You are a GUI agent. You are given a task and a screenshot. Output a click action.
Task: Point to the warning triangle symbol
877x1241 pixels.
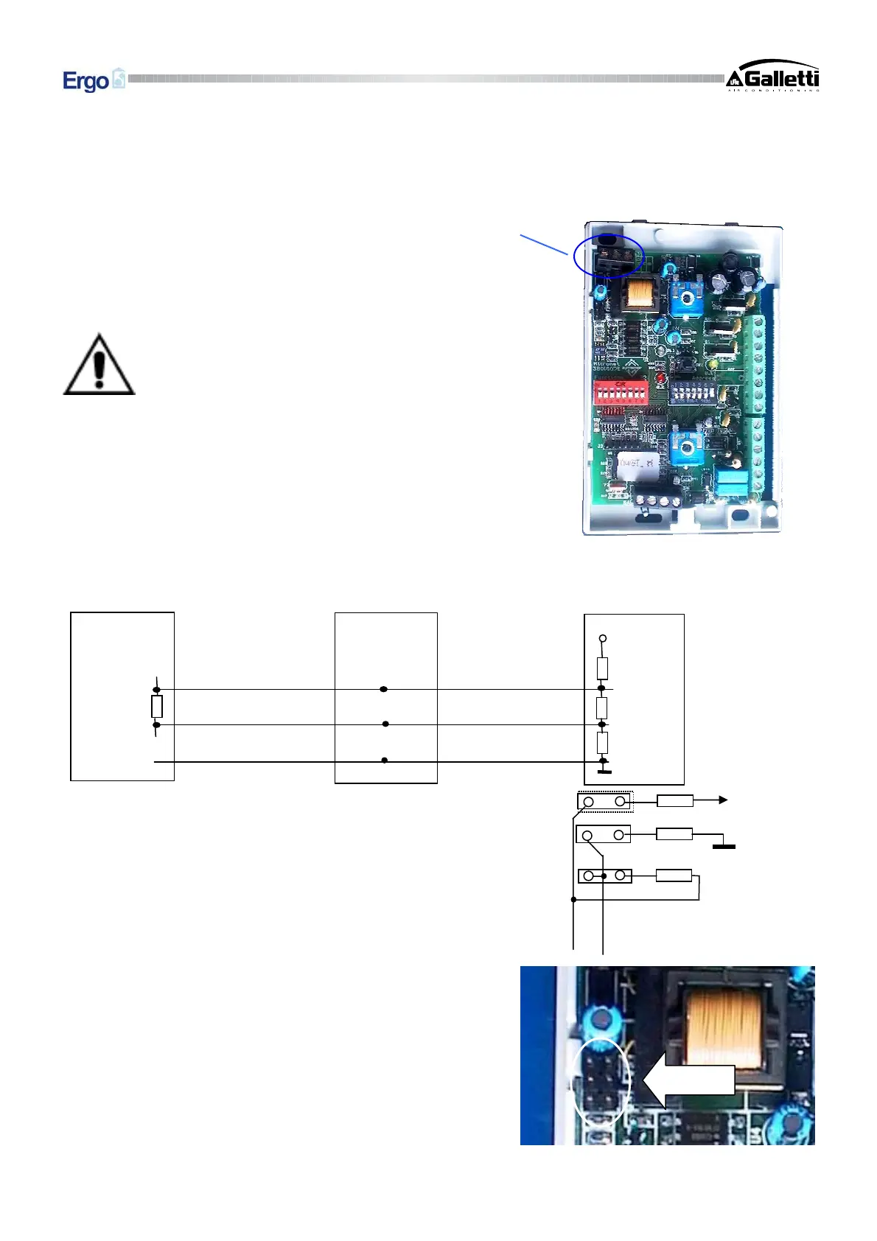click(99, 365)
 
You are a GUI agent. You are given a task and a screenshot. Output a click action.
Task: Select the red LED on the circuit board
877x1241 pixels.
click(660, 380)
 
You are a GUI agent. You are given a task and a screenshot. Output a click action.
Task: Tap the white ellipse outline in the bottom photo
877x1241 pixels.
click(601, 1080)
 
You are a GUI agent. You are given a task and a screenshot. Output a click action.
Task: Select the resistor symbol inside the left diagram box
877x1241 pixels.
click(156, 707)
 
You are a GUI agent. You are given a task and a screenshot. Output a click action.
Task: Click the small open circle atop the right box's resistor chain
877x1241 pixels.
click(602, 638)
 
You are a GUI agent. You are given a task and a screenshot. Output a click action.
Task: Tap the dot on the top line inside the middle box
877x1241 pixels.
click(383, 689)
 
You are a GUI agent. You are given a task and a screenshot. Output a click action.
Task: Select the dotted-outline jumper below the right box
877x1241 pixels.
click(604, 801)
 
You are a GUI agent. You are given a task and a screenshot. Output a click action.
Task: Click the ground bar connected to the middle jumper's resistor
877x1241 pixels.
click(724, 846)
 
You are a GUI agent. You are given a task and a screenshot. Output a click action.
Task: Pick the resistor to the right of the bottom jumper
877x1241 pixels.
click(674, 875)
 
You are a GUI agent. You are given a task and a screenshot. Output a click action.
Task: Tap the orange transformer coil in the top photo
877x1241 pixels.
click(640, 295)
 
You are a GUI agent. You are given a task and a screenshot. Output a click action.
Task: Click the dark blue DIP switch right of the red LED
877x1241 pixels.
click(693, 391)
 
